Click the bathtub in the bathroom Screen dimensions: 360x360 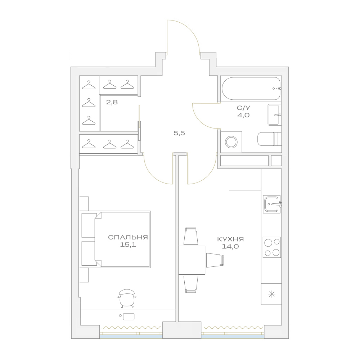pyautogui.click(x=251, y=89)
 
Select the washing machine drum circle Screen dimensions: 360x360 pyautogui.click(x=231, y=142)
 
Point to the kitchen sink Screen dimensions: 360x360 pyautogui.click(x=272, y=204)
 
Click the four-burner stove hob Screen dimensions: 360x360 pyautogui.click(x=272, y=247)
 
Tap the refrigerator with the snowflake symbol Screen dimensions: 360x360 pyautogui.click(x=271, y=294)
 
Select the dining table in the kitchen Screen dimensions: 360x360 pyautogui.click(x=192, y=260)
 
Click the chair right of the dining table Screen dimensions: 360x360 pyautogui.click(x=215, y=260)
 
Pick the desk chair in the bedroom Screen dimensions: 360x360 pyautogui.click(x=127, y=298)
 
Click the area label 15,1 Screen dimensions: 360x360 pyautogui.click(x=128, y=245)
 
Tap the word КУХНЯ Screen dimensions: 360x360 pyautogui.click(x=230, y=239)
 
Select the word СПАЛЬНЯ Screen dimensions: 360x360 pyautogui.click(x=128, y=237)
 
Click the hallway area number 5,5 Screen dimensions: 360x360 pyautogui.click(x=179, y=133)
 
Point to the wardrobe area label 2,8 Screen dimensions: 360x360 pyautogui.click(x=112, y=102)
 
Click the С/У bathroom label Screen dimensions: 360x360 pyautogui.click(x=243, y=108)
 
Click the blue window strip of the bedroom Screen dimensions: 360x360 pyautogui.click(x=131, y=336)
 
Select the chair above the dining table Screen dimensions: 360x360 pyautogui.click(x=191, y=236)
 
